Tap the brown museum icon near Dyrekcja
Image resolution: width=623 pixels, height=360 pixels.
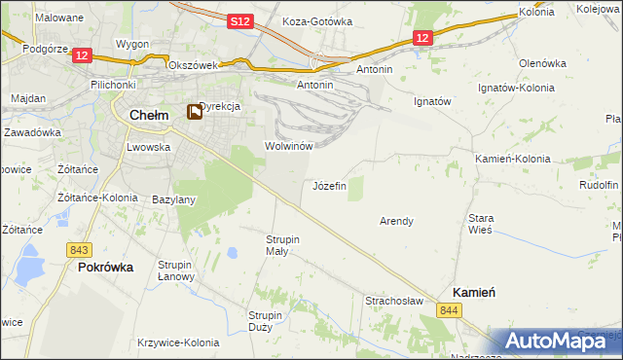(x=195, y=112)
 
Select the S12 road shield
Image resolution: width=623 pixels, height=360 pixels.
(x=241, y=20)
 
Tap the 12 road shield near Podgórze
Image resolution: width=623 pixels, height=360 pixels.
(x=82, y=56)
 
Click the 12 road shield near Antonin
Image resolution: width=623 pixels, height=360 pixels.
(x=421, y=38)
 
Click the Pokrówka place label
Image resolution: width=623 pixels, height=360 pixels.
(x=105, y=266)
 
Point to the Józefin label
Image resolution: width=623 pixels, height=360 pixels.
(x=329, y=186)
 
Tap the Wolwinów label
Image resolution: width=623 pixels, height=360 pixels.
(x=288, y=146)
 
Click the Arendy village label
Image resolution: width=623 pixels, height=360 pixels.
(x=396, y=221)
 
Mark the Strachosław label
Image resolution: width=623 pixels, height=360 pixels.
(x=394, y=301)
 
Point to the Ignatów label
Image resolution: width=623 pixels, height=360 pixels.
(x=433, y=100)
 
